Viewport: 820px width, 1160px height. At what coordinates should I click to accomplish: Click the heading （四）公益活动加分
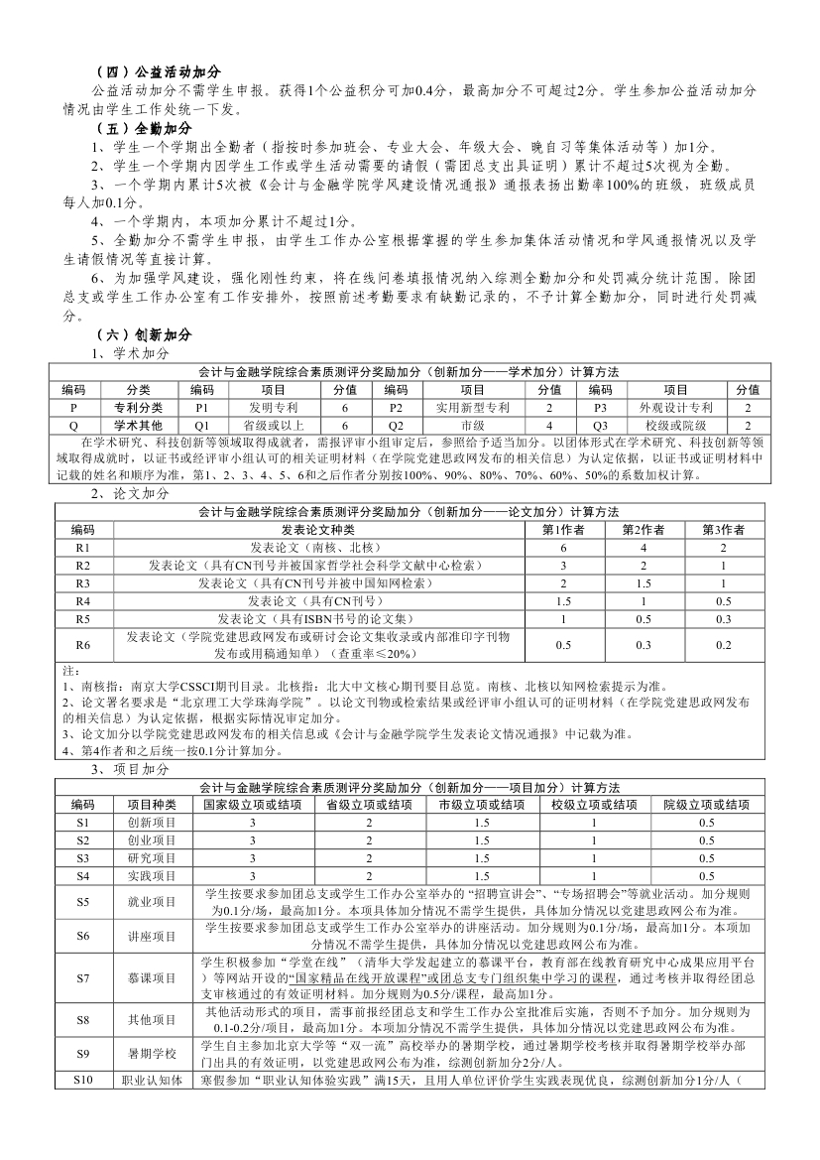157,72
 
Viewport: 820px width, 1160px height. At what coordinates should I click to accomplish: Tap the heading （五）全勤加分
143,128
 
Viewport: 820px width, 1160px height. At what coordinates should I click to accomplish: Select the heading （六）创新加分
143,334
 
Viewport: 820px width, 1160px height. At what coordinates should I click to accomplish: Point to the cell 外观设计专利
675,407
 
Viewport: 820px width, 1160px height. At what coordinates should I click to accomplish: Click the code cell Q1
202,424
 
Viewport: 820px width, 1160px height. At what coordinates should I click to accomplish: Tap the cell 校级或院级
675,424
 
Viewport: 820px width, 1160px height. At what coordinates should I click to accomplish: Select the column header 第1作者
563,529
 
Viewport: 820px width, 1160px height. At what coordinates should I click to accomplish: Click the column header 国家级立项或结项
252,804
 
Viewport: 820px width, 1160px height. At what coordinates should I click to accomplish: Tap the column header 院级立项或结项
706,804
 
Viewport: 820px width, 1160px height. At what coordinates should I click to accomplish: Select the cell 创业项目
152,839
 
